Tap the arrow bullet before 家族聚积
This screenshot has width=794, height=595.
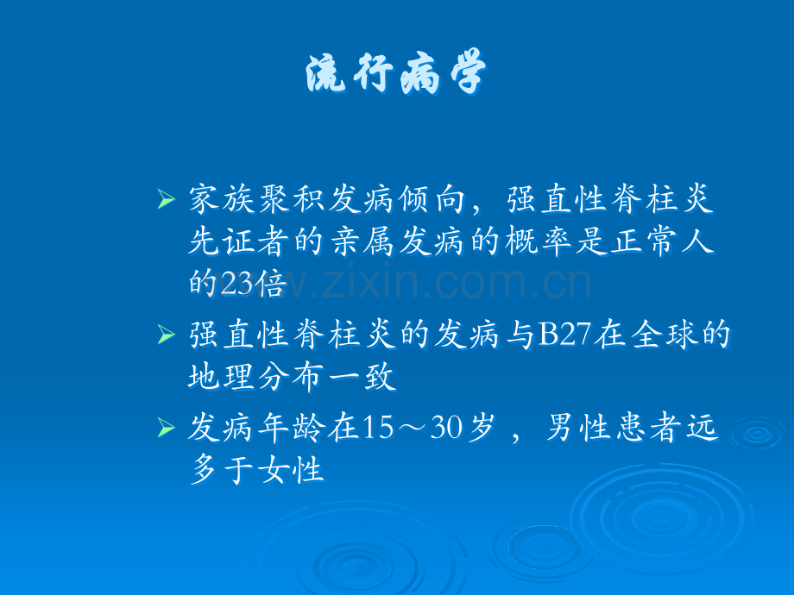coord(166,199)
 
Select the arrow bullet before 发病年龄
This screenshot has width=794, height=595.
coord(166,428)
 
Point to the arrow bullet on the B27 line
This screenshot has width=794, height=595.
coord(166,335)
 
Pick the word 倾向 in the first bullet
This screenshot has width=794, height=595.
coord(432,199)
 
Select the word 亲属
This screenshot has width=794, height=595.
coord(362,241)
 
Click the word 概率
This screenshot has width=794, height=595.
coord(538,241)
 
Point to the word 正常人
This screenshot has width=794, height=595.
coord(662,241)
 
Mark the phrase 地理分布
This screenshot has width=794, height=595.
coord(255,377)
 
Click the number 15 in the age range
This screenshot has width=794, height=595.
coord(377,428)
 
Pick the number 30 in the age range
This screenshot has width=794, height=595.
coord(447,428)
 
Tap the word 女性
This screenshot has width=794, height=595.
coord(291,470)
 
